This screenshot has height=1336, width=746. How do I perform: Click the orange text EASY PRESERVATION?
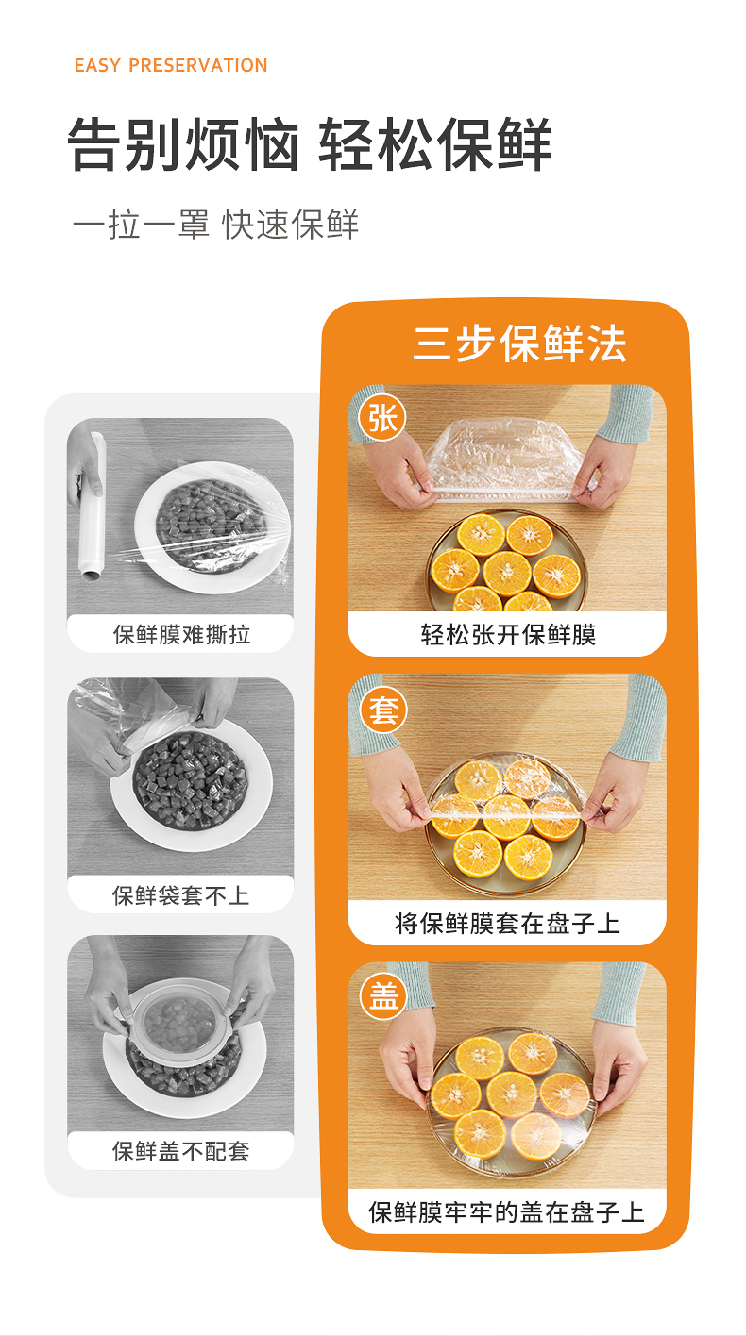171,65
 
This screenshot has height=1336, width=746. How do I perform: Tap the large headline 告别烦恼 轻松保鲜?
309,144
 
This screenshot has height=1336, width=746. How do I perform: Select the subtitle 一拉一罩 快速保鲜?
215,225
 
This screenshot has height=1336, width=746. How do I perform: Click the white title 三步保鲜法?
519,343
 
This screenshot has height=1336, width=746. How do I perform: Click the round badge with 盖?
383,996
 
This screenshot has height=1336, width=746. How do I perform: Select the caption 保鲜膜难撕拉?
181,634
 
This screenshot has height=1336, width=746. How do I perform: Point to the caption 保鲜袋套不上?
180,894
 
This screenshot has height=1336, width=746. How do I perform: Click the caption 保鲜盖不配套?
180,1150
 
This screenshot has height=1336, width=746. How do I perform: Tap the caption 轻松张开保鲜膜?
508,634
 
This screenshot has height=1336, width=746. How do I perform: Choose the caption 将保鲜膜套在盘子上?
507,924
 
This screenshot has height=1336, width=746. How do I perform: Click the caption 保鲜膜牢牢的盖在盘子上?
507,1212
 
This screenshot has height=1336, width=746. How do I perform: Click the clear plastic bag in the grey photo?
131,710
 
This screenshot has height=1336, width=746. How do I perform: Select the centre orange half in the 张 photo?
507,573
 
